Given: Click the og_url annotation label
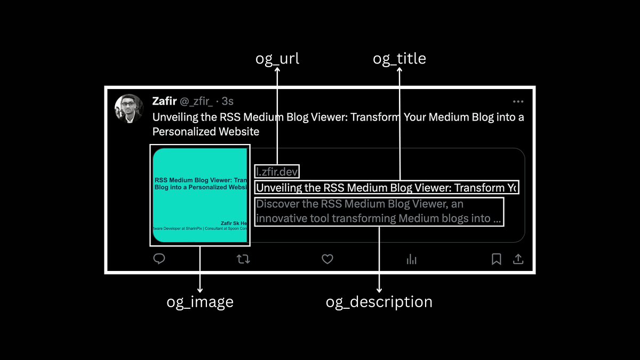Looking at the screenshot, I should pos(277,58).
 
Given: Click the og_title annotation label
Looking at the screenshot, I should pos(399,58).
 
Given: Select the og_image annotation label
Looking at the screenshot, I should pos(200,302).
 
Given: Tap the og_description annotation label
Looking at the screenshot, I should pos(379,302).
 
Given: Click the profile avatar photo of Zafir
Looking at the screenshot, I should pos(129,109).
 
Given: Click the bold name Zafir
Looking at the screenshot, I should pos(164,101).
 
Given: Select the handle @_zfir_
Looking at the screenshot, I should pos(196,101).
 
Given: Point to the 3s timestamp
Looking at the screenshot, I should pos(228,101).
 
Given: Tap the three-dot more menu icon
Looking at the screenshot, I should pos(518,101).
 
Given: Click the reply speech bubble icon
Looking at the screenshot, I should pos(159,259).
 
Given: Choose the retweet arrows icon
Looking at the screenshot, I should pos(243,259).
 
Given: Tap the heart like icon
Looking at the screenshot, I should pos(327,259).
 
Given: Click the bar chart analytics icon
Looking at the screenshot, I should pos(412,259).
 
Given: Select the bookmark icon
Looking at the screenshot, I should pos(496,259).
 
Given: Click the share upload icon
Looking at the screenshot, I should pos(518,259).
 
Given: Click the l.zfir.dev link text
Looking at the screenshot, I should pos(277,171).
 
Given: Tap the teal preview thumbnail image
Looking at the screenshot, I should pos(200,195).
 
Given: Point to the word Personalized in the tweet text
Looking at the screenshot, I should pos(185,131).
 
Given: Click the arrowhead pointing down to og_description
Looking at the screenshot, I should pos(379,289).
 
